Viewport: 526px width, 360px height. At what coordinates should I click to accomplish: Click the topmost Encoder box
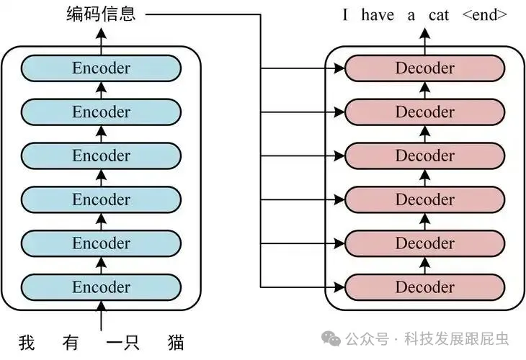(101, 68)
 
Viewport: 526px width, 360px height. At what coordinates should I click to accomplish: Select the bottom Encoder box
(101, 287)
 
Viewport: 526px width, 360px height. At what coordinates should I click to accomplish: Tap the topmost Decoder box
(425, 68)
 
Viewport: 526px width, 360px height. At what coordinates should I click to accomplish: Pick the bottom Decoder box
(425, 287)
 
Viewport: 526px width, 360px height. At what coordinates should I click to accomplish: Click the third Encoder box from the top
(101, 156)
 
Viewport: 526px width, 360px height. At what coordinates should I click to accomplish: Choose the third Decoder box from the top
(425, 156)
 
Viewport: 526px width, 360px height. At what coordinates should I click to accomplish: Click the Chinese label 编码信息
(100, 14)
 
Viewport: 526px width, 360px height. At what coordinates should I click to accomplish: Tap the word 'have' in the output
(377, 14)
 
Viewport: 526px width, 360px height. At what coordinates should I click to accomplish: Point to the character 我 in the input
(27, 341)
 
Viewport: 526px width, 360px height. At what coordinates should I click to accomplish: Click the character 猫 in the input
(174, 341)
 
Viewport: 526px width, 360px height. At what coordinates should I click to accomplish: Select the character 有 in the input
(70, 341)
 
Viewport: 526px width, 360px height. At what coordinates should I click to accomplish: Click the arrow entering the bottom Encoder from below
(101, 315)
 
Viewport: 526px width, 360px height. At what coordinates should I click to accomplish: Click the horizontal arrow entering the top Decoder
(303, 69)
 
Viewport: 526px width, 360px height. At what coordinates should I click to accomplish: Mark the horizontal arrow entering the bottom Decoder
(303, 287)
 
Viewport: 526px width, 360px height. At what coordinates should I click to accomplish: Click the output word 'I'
(345, 14)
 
